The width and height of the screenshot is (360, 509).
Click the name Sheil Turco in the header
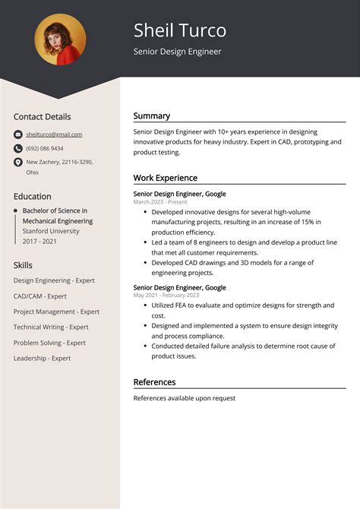pos(180,30)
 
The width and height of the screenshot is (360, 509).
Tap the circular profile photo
pos(60,40)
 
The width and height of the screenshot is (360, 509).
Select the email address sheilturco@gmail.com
pos(54,134)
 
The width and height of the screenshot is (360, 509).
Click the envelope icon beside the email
pos(18,134)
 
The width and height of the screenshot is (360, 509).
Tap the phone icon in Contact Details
pos(18,148)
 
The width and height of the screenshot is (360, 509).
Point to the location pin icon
pos(18,163)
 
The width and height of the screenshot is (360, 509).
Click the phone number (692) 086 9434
pos(45,148)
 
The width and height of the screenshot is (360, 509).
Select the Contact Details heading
pos(42,117)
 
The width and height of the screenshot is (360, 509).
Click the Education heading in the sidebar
pos(33,196)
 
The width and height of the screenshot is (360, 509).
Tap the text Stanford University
pos(51,231)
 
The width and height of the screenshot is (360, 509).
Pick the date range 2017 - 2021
pos(39,241)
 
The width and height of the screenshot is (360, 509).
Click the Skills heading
pos(23,265)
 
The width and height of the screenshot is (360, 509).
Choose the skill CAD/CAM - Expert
pos(40,296)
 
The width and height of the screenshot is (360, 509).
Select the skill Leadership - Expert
pos(42,358)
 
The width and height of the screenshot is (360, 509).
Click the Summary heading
pos(152,116)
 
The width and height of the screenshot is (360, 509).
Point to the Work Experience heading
pos(166,178)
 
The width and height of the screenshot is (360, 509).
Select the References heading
pos(154,382)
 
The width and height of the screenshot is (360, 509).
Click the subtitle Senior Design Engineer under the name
pos(178,52)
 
